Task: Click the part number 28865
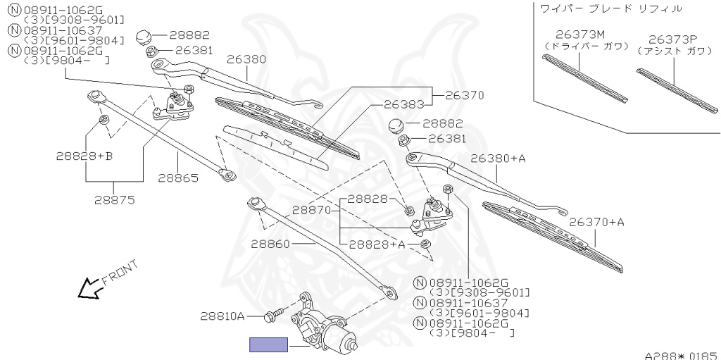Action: pos(178,178)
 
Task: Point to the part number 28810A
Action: pos(221,316)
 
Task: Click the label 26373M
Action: pos(580,34)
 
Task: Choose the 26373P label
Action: pos(668,39)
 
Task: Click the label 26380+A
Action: pos(498,159)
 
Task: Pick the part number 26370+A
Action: pos(596,222)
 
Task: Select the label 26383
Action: pos(403,104)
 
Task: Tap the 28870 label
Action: pos(312,210)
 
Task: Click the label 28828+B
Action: pos(84,156)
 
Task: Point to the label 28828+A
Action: pos(377,244)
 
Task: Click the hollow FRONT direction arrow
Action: pos(89,287)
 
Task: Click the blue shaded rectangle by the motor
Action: pos(268,345)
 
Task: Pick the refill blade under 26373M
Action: pos(584,78)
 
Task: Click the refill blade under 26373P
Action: pos(676,89)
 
